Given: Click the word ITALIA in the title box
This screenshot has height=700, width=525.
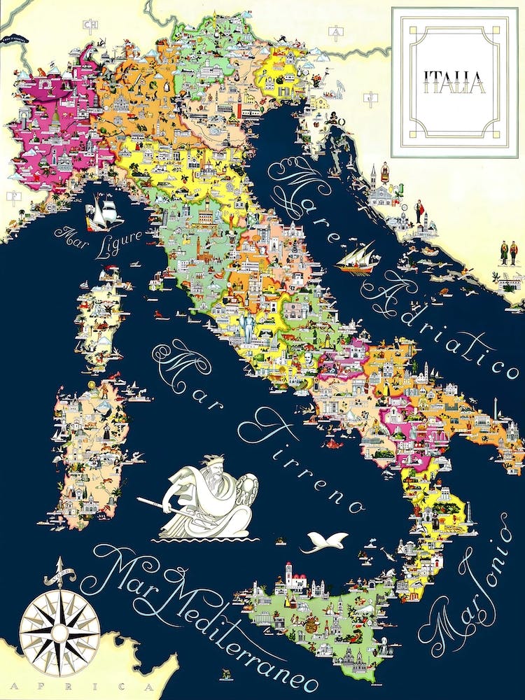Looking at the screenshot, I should pos(454,82).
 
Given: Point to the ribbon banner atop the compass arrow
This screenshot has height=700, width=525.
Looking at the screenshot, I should pos(59,578).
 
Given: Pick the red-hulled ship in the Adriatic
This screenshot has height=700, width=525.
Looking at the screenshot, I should pos(357,260).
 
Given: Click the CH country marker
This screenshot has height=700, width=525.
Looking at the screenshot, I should pos(90,26).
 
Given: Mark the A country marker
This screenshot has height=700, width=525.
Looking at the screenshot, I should pos(337,31).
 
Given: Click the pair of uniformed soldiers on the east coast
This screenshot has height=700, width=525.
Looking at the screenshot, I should pos(509,253).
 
